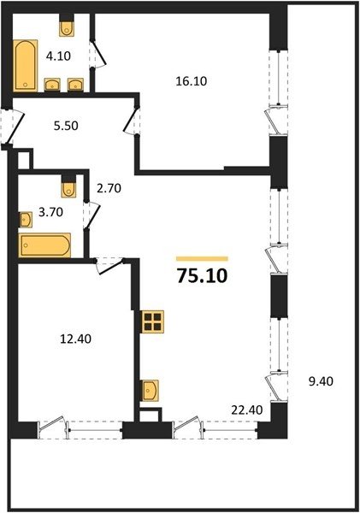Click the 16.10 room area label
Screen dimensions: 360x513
[x=192, y=81]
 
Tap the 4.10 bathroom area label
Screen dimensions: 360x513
[x=58, y=56]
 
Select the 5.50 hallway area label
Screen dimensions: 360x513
[x=66, y=126]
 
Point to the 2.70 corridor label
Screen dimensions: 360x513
[x=109, y=188]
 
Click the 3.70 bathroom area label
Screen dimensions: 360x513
[x=50, y=212]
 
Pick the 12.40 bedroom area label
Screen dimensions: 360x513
[x=75, y=339]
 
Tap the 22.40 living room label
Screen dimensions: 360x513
[x=247, y=410]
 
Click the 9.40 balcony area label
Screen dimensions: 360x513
[x=321, y=381]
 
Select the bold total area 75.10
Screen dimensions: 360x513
[x=202, y=275]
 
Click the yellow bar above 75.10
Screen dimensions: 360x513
[x=202, y=259]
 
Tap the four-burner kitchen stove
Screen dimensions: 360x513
[x=152, y=321]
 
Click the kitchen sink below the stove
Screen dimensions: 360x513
[x=150, y=391]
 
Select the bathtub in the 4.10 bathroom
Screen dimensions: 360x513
[x=26, y=66]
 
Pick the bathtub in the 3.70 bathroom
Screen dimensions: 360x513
[x=44, y=245]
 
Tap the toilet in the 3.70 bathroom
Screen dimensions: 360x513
[x=68, y=186]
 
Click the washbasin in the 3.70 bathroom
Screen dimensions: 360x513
[x=26, y=220]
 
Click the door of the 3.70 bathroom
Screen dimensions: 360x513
[x=92, y=215]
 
